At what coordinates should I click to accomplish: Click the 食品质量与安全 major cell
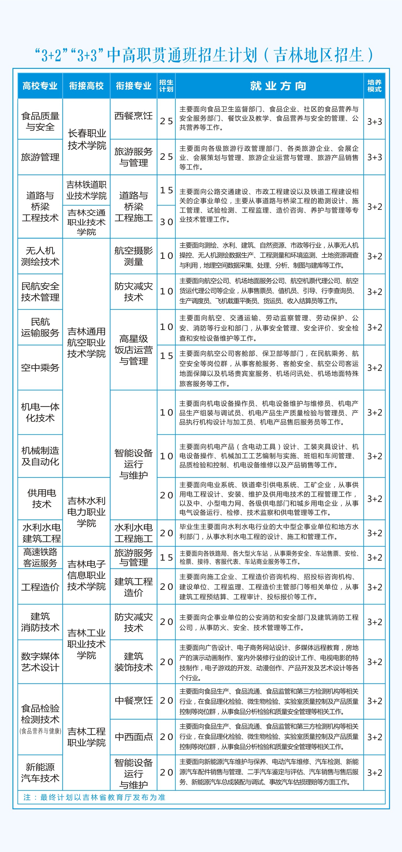click(x=40, y=121)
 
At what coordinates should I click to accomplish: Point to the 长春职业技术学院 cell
click(x=86, y=139)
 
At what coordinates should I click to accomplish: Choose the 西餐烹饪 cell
click(x=133, y=116)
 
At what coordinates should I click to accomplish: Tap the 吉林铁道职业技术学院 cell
click(x=86, y=191)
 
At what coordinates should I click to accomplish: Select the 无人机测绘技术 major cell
click(x=40, y=256)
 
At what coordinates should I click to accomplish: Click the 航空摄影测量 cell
click(x=133, y=256)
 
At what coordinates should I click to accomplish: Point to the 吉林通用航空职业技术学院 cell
click(x=86, y=343)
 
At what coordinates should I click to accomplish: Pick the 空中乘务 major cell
click(x=40, y=368)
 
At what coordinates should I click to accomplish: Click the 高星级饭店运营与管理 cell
click(x=133, y=350)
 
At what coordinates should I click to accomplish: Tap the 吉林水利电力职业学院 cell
click(x=86, y=512)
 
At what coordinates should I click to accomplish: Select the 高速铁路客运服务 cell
click(x=40, y=557)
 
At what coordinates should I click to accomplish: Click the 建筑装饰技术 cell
click(x=133, y=662)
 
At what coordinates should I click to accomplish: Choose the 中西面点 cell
click(x=133, y=737)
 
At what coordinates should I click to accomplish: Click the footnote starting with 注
click(x=94, y=797)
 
